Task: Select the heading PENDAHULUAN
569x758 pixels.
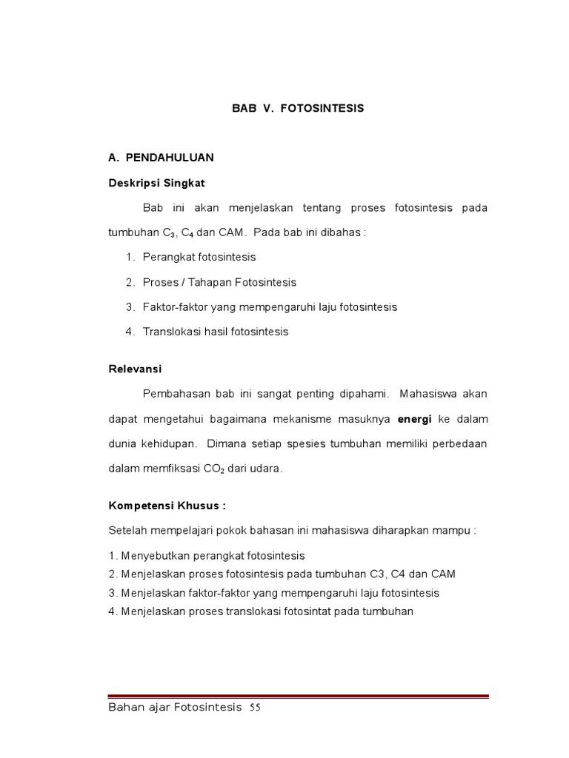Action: tap(170, 158)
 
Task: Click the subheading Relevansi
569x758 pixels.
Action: tap(135, 369)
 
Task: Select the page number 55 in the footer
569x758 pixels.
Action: tap(255, 708)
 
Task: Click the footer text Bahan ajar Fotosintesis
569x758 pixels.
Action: tap(175, 708)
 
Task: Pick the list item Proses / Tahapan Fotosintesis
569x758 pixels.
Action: tap(219, 282)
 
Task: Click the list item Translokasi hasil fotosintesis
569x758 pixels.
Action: tap(216, 332)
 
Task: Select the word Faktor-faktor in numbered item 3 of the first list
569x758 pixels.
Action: tap(173, 306)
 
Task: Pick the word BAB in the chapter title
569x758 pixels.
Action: tap(244, 108)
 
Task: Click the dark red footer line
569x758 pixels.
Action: tap(299, 696)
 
